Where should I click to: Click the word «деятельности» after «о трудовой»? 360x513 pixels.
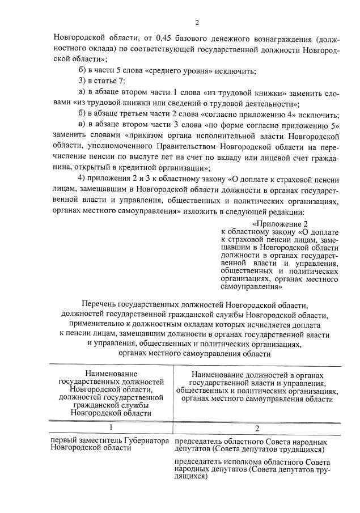point(269,104)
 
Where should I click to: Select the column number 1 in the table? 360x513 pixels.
point(111,427)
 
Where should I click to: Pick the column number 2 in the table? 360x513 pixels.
point(256,427)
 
